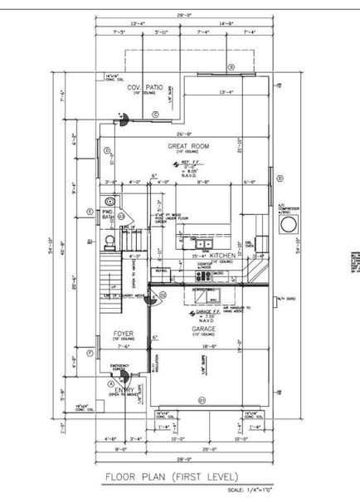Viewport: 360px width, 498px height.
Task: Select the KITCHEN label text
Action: click(223, 255)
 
